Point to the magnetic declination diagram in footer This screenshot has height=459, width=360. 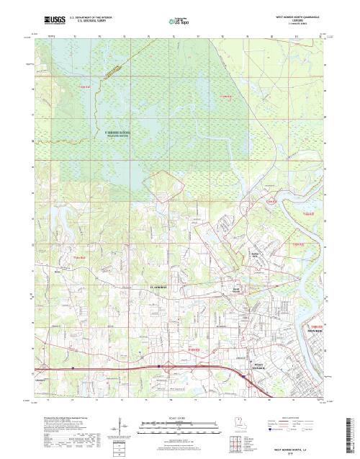[x=115, y=431]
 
